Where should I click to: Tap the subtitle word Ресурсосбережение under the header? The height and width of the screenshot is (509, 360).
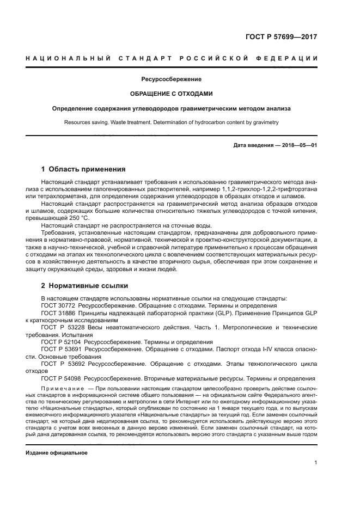(171, 79)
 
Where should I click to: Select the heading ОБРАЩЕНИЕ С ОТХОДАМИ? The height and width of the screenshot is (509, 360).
(171, 94)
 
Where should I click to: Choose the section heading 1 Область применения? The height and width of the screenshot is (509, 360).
(83, 169)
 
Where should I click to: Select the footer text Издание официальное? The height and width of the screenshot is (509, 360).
(57, 453)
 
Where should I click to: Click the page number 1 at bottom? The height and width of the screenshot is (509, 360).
(315, 463)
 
